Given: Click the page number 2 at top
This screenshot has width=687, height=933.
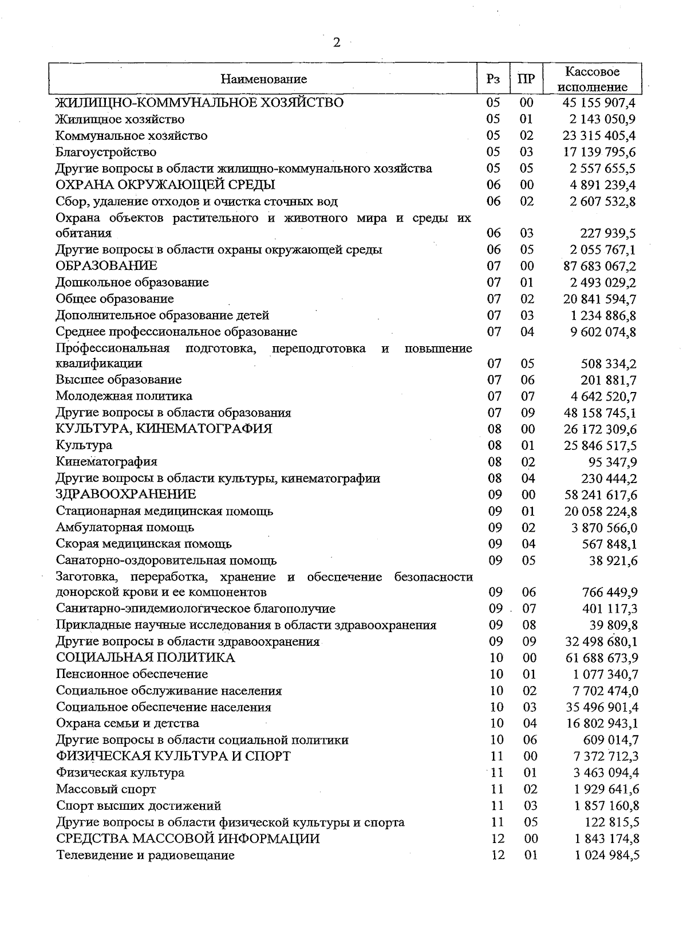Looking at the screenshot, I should point(337,43).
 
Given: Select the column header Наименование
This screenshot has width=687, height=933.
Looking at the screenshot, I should point(264,79).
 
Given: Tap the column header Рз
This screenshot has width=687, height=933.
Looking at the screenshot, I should point(493,79).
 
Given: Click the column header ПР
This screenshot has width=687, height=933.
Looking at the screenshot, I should point(526,79).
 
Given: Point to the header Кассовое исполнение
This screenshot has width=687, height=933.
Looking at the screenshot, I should point(592,79).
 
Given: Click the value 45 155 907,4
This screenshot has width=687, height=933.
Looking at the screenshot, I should point(599,103).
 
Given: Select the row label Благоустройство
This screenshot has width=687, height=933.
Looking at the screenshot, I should point(106,152).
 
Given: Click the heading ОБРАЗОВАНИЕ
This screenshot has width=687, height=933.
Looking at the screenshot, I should point(106,266).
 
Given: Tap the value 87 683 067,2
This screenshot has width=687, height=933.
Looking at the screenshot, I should point(599,266).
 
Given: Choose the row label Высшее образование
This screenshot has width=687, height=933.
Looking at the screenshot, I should point(119,380).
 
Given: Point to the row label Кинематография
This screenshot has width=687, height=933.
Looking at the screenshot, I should point(106,462).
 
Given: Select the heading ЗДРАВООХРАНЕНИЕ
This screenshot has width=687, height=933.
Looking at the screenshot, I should point(126,495).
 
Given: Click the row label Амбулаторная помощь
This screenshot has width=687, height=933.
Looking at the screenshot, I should point(125,527).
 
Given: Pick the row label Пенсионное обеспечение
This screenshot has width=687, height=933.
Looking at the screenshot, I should point(132,674).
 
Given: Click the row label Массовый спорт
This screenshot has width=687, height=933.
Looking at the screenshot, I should point(106,789).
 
